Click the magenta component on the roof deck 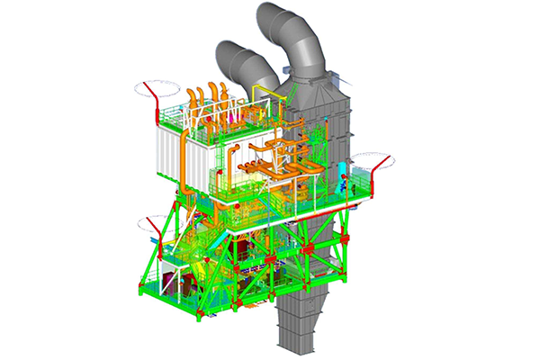click(x=232, y=117)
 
